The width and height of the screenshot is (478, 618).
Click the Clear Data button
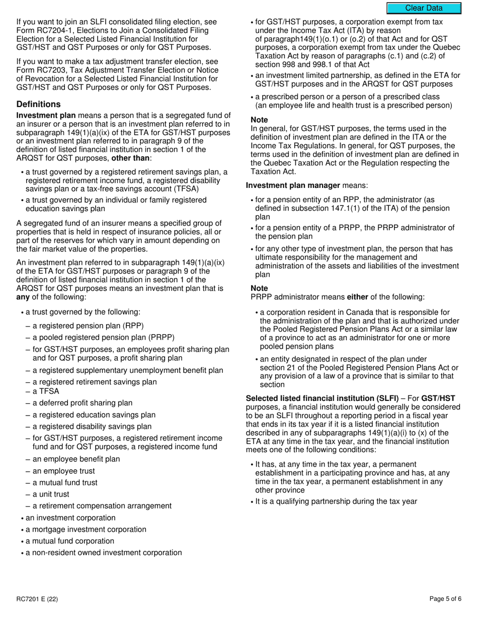coord(424,8)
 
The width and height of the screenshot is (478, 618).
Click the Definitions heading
coord(38,104)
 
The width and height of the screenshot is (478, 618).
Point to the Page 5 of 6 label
coord(445,598)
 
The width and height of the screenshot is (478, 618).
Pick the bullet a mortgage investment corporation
coord(86,529)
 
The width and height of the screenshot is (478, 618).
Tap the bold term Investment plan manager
coord(293,185)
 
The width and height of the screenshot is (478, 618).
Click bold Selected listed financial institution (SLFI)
coord(322,398)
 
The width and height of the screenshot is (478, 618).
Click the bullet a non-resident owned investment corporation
coord(104,552)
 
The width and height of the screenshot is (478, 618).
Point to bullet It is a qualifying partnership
coord(336,501)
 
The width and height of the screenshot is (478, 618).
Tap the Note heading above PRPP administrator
coord(259,288)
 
